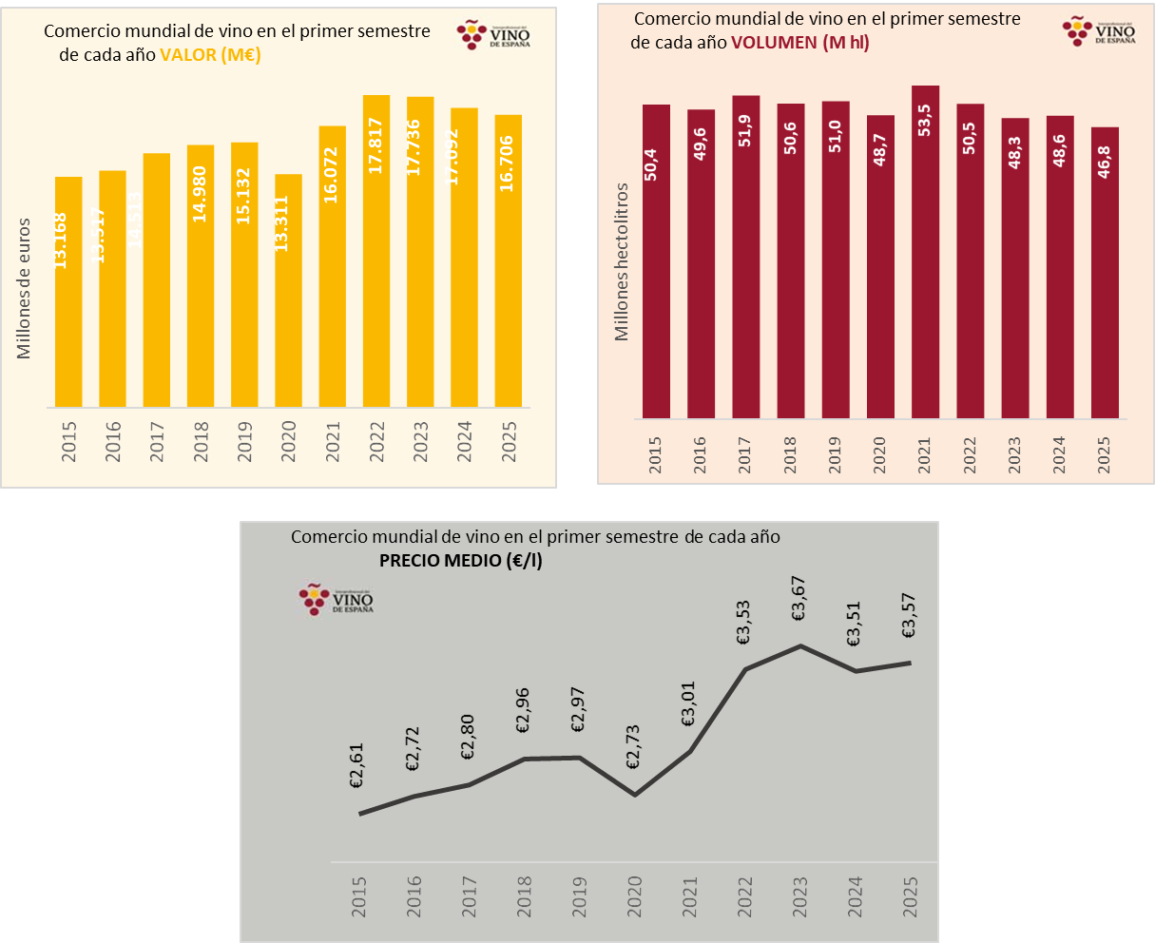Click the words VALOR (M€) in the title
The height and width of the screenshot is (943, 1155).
click(210, 55)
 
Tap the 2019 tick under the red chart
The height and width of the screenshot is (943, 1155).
click(836, 453)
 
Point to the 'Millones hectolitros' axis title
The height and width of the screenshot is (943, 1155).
click(623, 261)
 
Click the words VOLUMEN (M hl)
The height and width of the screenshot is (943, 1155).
click(799, 43)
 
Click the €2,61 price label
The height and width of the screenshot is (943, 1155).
click(358, 767)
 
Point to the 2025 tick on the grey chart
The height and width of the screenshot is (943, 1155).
click(911, 895)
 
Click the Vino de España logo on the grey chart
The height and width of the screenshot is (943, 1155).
click(336, 599)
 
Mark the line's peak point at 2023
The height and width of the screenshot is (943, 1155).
click(800, 646)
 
